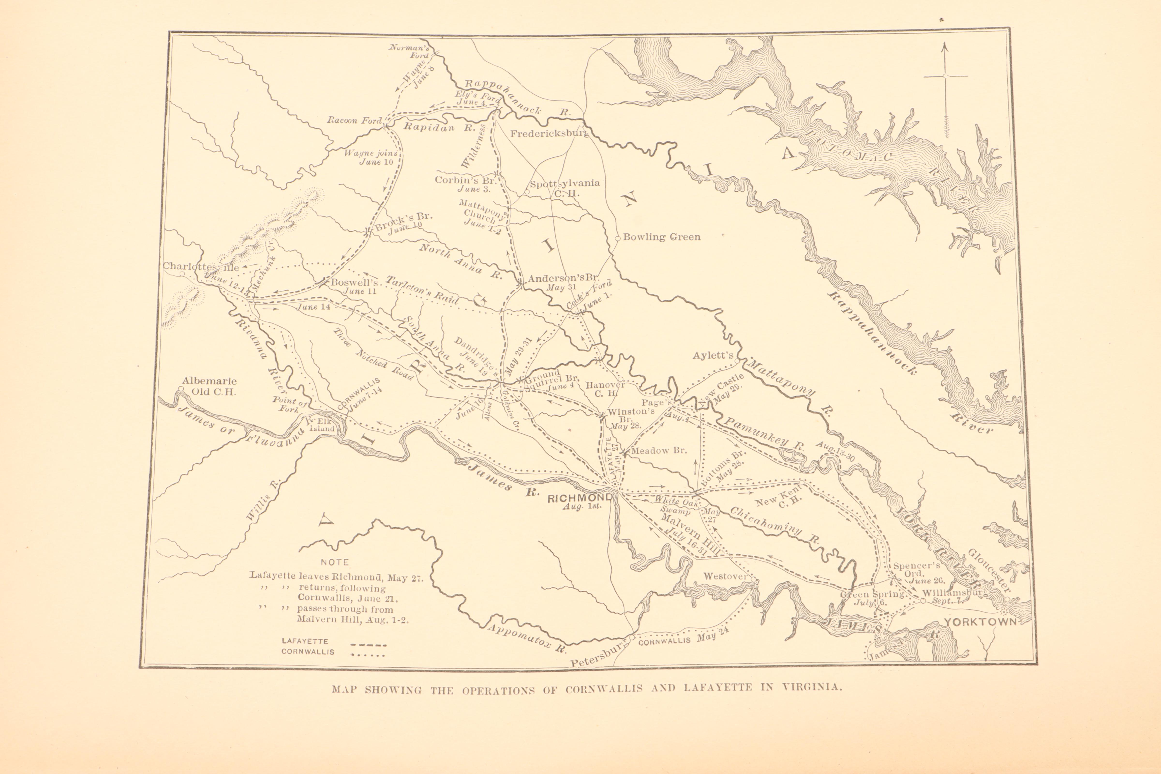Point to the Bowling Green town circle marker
click(x=618, y=238)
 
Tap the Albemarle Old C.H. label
click(x=209, y=387)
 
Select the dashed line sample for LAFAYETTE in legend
click(x=368, y=645)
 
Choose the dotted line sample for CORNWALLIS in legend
click(x=368, y=655)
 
